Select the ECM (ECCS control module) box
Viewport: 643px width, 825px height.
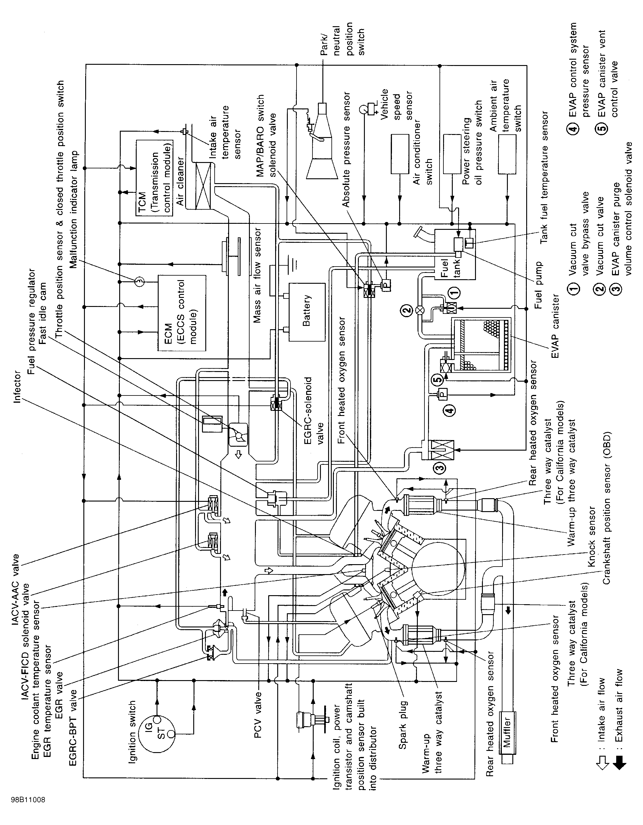click(182, 313)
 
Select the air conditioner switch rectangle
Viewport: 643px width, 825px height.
click(399, 154)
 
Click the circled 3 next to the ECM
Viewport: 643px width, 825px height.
click(138, 281)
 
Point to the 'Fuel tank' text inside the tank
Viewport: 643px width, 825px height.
click(450, 268)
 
